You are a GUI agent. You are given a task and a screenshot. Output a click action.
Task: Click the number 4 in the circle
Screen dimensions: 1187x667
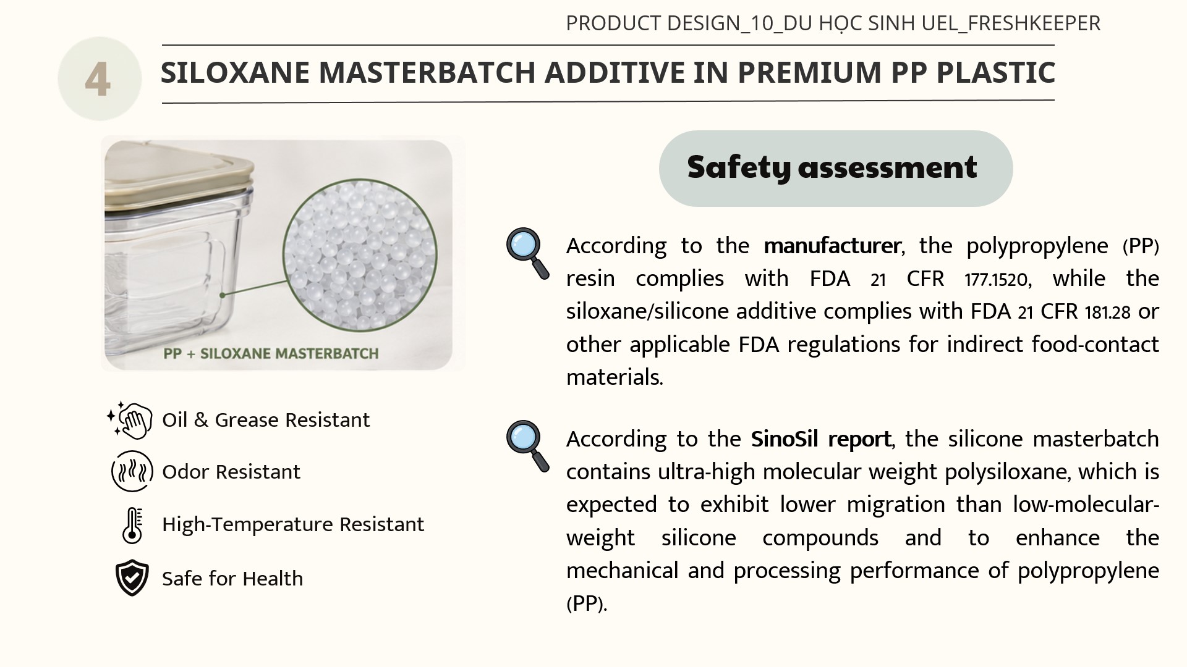click(x=98, y=80)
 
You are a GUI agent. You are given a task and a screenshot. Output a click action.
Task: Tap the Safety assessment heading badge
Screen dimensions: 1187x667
click(x=835, y=168)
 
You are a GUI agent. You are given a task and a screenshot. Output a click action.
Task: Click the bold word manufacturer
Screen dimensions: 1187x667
click(x=832, y=246)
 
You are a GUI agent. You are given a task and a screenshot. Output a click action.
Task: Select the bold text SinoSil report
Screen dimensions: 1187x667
click(x=821, y=439)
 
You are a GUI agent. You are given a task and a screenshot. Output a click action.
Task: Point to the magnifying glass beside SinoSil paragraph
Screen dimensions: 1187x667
click(x=527, y=446)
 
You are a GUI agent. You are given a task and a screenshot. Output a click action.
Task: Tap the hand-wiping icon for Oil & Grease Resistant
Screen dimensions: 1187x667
click(x=130, y=420)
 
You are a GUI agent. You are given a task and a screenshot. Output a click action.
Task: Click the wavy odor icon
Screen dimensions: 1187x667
click(x=132, y=471)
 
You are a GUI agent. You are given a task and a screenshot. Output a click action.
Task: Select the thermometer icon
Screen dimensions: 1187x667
click(x=132, y=525)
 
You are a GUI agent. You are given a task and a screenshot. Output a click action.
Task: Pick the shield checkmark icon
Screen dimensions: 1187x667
click(x=132, y=578)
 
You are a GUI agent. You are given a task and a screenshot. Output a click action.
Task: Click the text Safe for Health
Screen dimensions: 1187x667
click(x=232, y=579)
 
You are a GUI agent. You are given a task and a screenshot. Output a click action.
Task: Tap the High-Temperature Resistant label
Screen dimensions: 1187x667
click(x=293, y=524)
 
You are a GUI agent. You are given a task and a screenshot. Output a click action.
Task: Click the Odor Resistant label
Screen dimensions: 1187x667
click(x=231, y=472)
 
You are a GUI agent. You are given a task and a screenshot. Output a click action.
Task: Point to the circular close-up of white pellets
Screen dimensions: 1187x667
click(x=360, y=254)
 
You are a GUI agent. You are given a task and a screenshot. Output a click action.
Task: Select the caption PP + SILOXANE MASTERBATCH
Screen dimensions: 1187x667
click(x=271, y=354)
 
